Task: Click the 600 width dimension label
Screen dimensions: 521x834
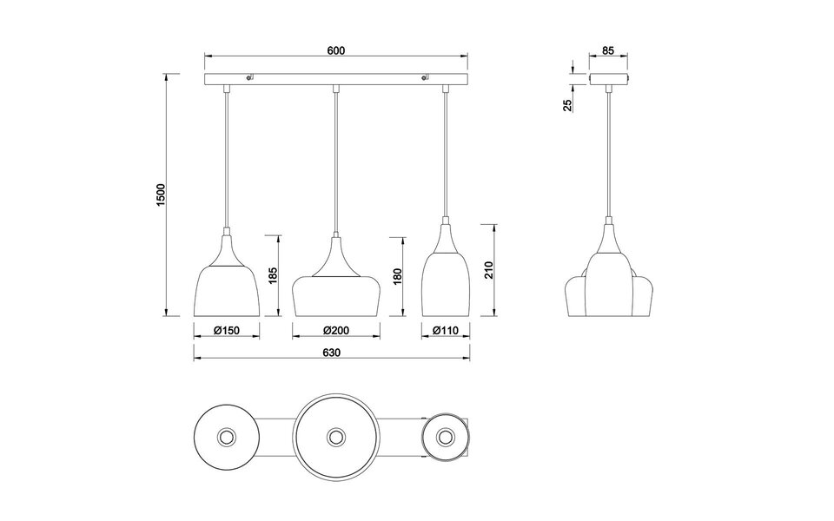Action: (x=336, y=50)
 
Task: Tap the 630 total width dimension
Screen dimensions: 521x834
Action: (x=330, y=353)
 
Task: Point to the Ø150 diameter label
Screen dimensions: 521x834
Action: (x=225, y=330)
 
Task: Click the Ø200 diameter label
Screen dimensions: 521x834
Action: (x=336, y=330)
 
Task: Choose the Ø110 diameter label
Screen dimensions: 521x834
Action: (x=446, y=330)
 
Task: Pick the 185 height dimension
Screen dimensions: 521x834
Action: (x=273, y=276)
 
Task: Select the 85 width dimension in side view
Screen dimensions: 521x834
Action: (x=608, y=51)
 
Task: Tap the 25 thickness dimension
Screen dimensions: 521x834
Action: (x=567, y=105)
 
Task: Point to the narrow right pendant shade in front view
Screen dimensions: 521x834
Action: (x=446, y=278)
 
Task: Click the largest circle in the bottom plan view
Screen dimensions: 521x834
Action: (x=335, y=436)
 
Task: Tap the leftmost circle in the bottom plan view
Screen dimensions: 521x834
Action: (x=226, y=436)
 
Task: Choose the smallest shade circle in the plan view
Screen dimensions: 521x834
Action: (x=446, y=436)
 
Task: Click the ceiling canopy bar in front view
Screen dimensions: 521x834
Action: (x=336, y=80)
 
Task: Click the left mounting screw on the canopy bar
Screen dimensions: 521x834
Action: (x=249, y=79)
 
